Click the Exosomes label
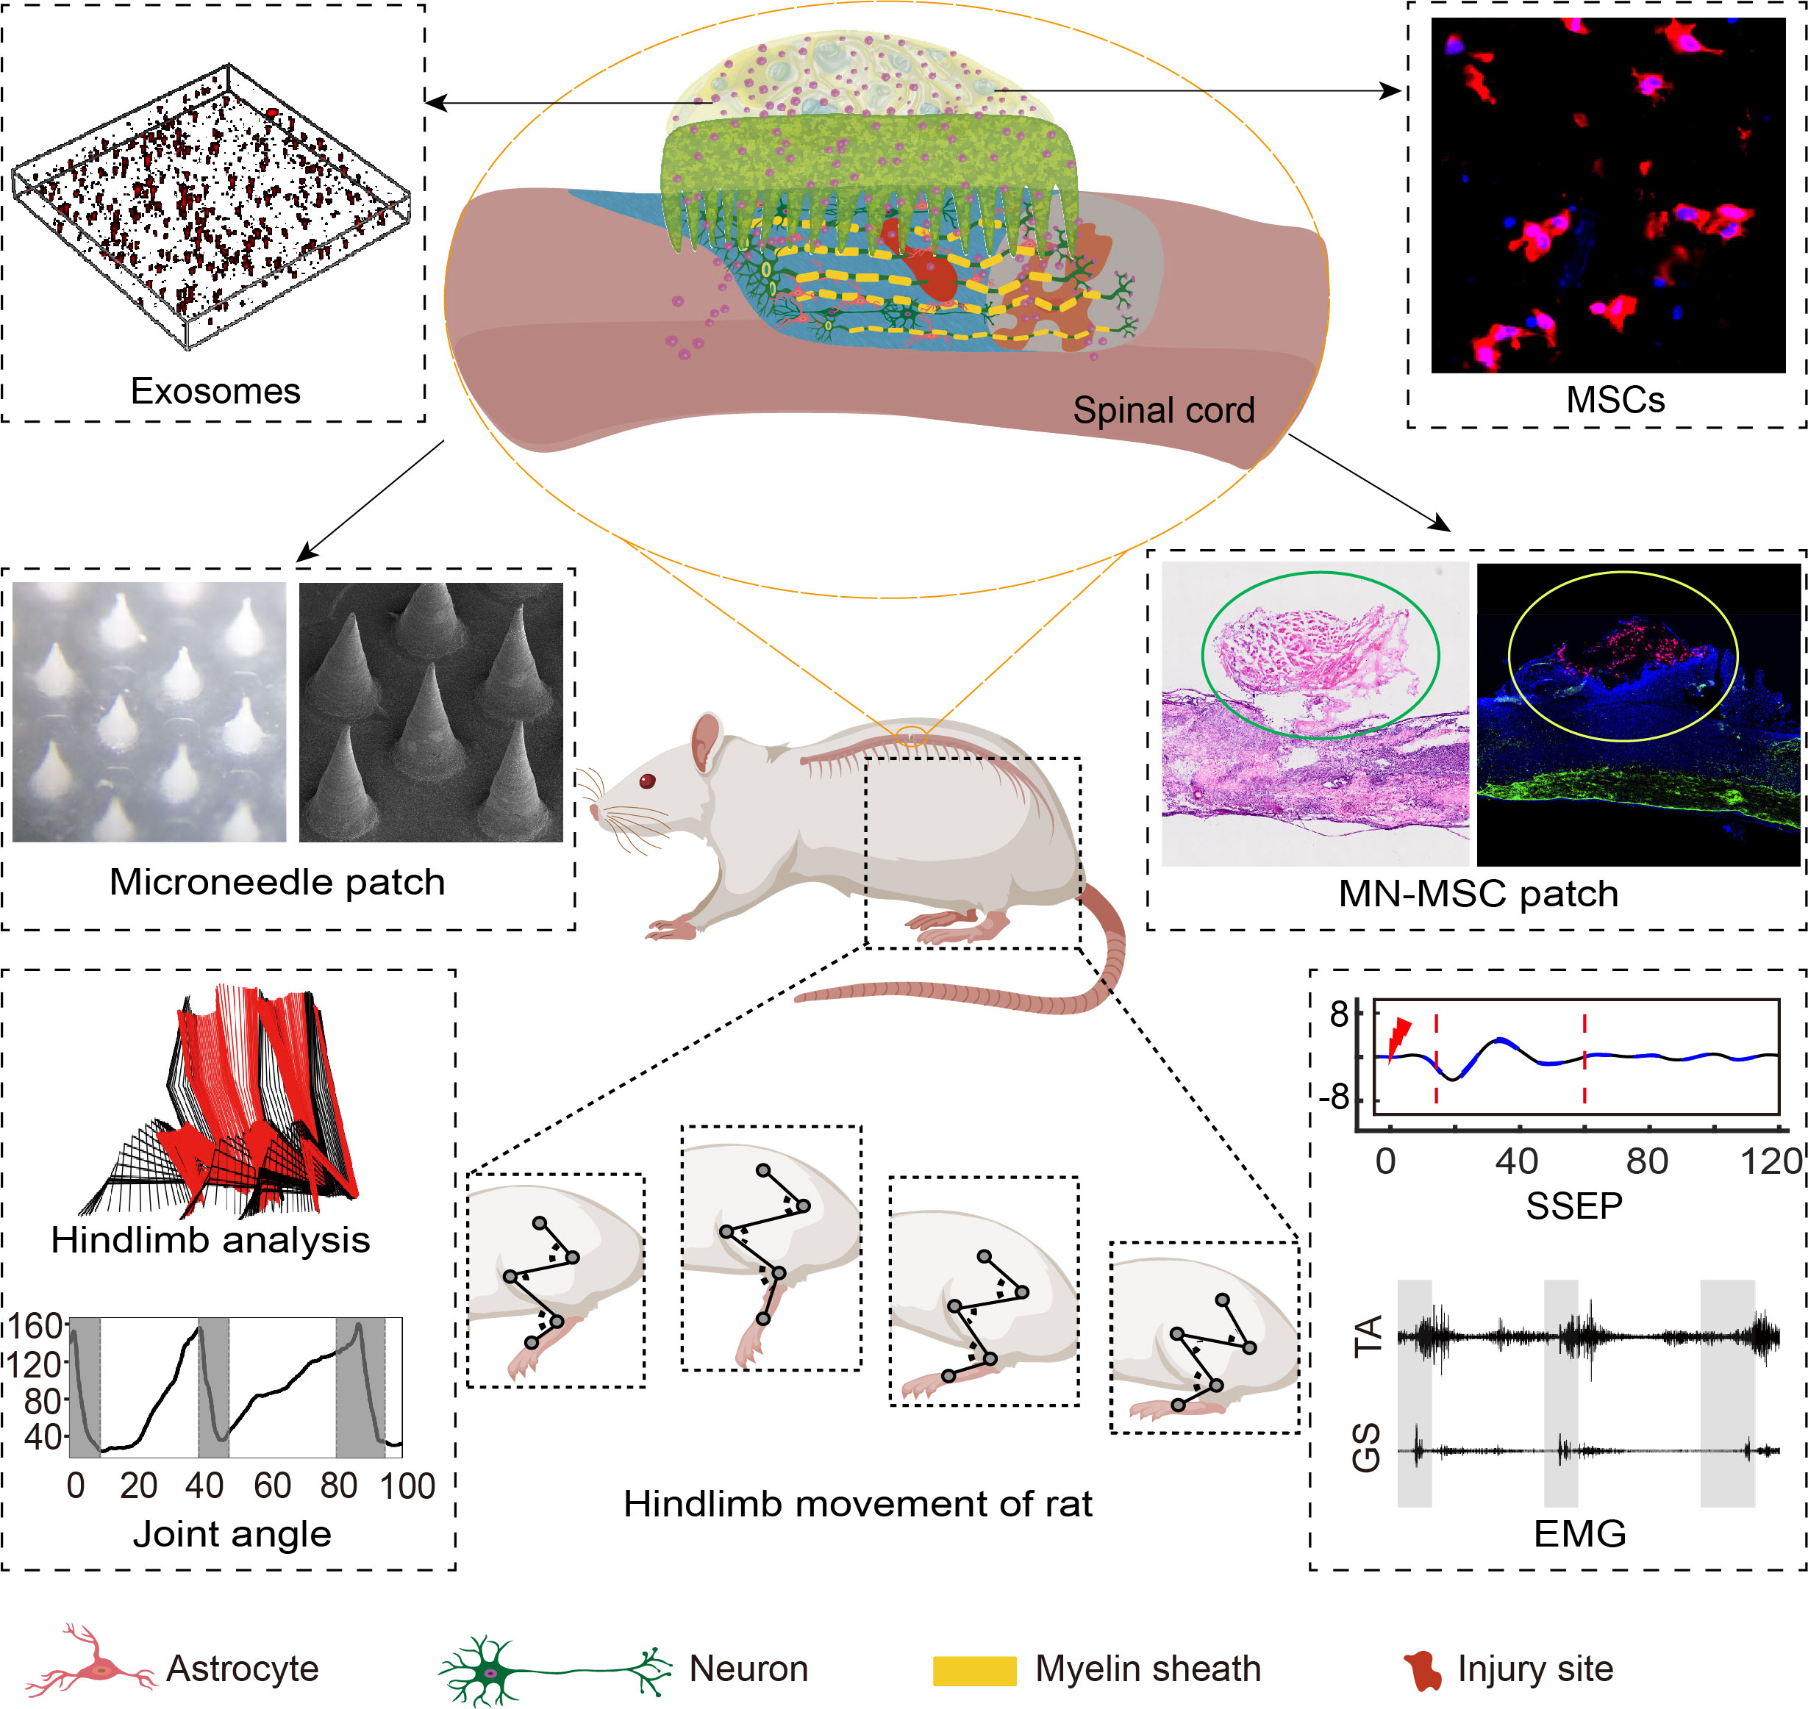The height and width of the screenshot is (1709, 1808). click(x=215, y=391)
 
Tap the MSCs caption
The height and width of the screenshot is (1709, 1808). click(x=1615, y=400)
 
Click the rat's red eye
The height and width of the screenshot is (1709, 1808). click(x=647, y=781)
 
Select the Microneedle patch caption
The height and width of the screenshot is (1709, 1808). click(x=277, y=882)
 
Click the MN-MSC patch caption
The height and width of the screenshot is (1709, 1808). click(x=1478, y=894)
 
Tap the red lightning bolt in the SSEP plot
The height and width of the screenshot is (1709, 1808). click(x=1398, y=1038)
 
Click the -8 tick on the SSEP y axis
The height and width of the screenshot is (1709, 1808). click(x=1336, y=1097)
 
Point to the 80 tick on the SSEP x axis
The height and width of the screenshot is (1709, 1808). click(x=1647, y=1161)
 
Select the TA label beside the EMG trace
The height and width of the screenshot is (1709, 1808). click(x=1368, y=1336)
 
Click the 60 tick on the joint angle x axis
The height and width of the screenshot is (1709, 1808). click(x=271, y=1486)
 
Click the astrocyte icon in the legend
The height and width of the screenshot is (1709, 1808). click(x=91, y=1668)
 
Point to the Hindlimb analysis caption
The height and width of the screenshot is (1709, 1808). click(x=210, y=1240)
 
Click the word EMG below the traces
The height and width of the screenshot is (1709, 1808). click(x=1579, y=1534)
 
